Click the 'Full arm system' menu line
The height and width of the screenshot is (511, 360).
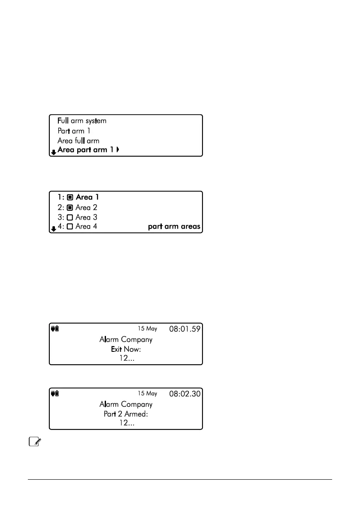(82, 121)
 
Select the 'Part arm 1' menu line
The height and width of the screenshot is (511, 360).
(74, 131)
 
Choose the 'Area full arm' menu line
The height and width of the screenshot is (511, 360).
(78, 141)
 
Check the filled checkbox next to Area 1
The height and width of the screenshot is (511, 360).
(70, 198)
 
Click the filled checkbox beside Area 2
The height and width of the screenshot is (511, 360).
(70, 208)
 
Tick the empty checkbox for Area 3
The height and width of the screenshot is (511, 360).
(70, 218)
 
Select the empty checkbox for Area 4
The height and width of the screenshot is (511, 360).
(70, 227)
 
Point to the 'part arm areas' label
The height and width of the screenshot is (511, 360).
(174, 227)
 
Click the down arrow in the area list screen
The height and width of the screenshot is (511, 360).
(53, 229)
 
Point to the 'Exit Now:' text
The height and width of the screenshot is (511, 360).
(126, 349)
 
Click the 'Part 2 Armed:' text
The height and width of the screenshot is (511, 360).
(126, 414)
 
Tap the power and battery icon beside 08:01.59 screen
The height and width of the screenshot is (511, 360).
(55, 329)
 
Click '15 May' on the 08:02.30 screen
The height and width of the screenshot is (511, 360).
(147, 393)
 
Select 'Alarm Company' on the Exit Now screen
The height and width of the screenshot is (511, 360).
(126, 340)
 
